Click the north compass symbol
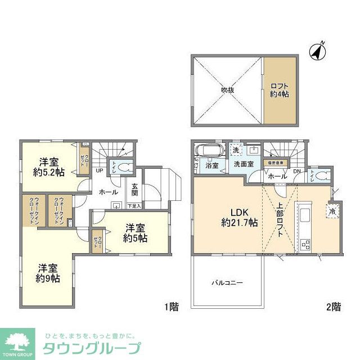click(318, 51)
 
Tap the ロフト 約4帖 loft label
click(279, 90)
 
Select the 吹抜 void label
click(227, 89)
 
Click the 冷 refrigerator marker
click(332, 211)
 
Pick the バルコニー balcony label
click(227, 282)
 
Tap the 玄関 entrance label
click(135, 190)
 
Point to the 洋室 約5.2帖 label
click(49, 165)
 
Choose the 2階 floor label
click(332, 307)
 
